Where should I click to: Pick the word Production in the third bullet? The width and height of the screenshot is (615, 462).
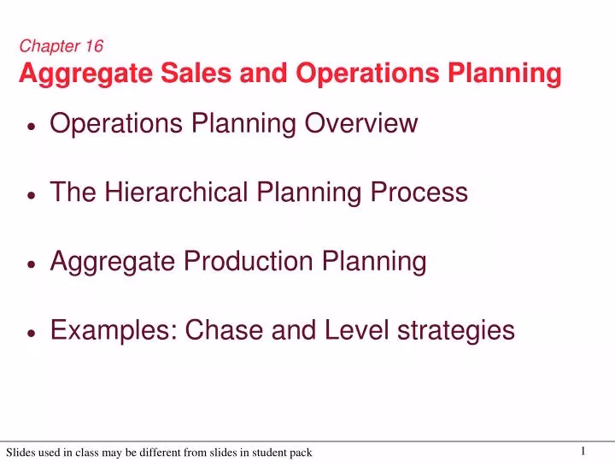click(x=237, y=261)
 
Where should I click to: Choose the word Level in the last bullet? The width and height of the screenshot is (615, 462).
click(x=353, y=329)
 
